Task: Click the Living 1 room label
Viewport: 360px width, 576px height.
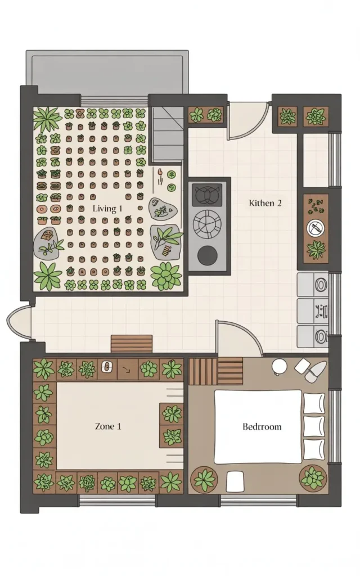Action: pos(107,209)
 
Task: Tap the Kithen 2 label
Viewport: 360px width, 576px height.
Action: pos(265,202)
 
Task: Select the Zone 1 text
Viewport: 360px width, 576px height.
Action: pos(107,426)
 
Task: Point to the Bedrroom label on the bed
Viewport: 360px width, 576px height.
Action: pos(262,426)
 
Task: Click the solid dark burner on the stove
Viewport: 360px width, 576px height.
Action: pos(206,255)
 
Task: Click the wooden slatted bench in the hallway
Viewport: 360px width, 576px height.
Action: pos(132,343)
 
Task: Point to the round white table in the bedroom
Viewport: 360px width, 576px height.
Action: pos(280,366)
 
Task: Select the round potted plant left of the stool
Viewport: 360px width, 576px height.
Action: pos(204,479)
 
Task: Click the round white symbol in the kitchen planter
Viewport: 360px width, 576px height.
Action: pos(316,229)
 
